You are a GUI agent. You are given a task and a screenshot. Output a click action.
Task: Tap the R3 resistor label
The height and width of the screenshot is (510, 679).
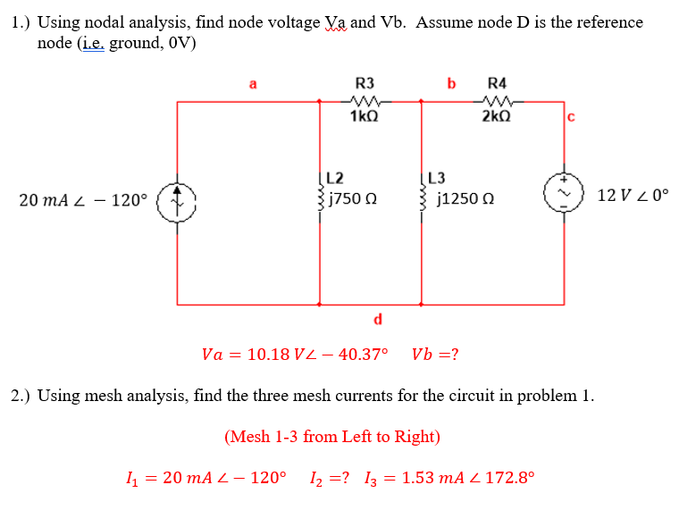click(365, 83)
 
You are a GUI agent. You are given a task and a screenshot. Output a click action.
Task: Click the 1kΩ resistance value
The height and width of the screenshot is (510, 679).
click(364, 117)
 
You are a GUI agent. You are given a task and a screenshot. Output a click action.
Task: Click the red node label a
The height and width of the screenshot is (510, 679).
click(253, 85)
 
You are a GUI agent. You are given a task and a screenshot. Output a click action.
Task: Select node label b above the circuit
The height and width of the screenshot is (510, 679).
click(451, 84)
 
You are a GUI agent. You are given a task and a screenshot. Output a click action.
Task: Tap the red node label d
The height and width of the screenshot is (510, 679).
click(377, 318)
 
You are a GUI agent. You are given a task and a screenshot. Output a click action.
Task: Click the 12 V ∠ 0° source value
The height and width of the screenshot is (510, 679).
click(633, 194)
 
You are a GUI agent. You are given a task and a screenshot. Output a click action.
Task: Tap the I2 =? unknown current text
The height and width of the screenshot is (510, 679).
click(330, 477)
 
